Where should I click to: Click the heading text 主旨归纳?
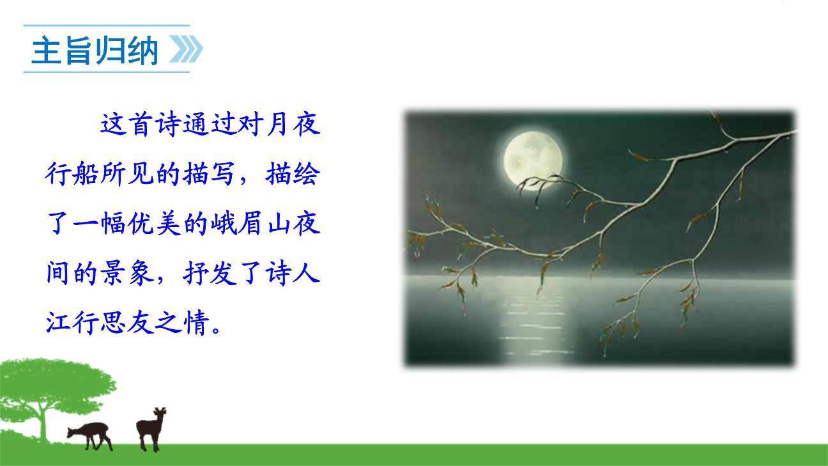95,50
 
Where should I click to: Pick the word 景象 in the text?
127,274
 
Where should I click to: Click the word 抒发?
210,274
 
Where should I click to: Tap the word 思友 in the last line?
127,324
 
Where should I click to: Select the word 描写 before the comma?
210,174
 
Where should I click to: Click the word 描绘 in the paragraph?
293,174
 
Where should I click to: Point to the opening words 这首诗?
141,124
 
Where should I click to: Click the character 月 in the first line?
278,124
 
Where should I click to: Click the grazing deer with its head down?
91,433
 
